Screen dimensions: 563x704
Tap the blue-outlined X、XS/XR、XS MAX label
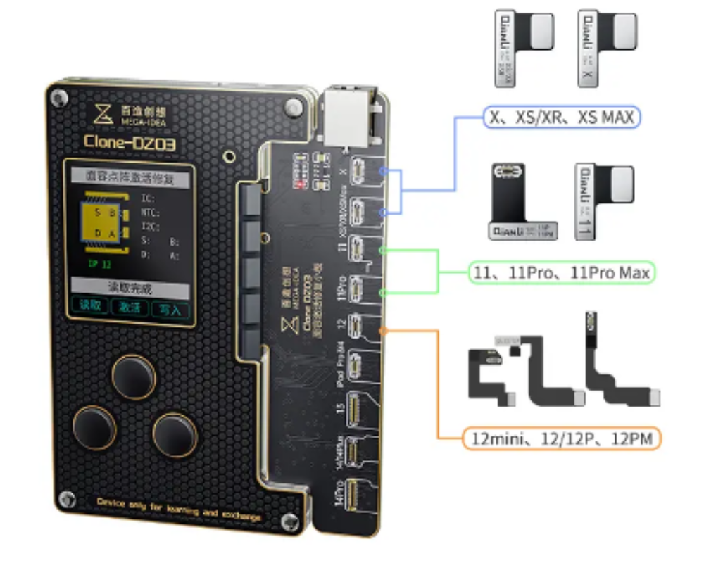[561, 117]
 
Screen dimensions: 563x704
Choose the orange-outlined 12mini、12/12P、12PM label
[561, 440]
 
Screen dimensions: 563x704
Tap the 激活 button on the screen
[130, 308]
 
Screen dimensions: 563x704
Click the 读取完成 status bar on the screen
[130, 288]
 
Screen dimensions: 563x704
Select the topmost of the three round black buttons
[134, 378]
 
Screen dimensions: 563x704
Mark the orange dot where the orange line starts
[382, 330]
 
